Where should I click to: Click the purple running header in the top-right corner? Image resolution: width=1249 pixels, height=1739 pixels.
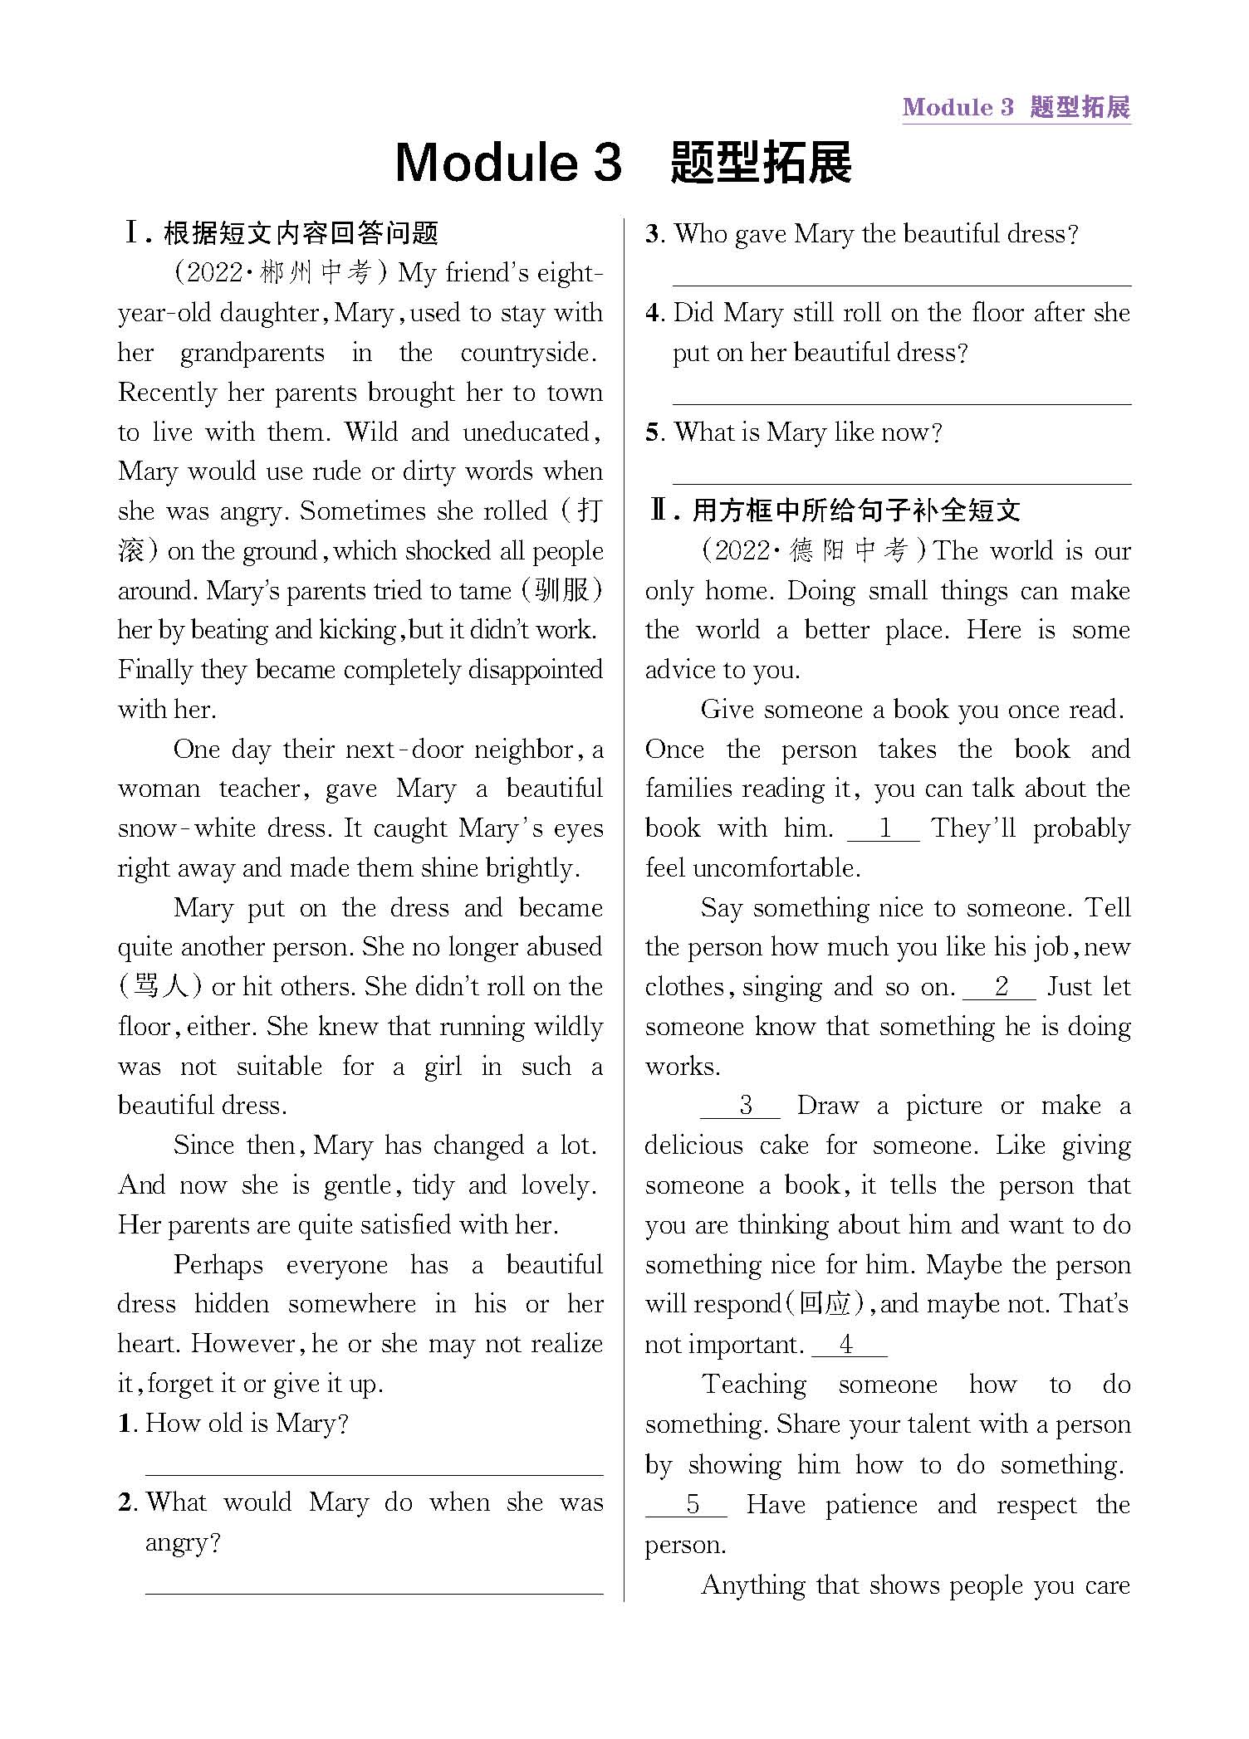1016,107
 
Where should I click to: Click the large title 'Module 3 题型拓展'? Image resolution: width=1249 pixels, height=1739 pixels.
623,162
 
